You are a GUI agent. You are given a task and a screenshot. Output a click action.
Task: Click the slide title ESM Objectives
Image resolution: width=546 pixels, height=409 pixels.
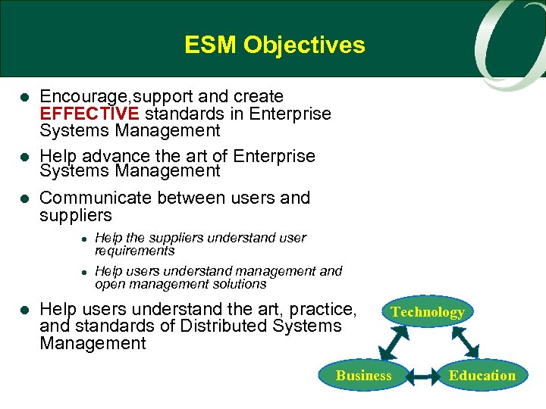pyautogui.click(x=274, y=45)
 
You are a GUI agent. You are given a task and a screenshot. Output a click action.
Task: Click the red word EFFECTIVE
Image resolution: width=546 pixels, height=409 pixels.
pyautogui.click(x=89, y=114)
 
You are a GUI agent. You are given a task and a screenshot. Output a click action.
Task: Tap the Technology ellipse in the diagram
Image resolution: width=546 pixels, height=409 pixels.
pyautogui.click(x=427, y=312)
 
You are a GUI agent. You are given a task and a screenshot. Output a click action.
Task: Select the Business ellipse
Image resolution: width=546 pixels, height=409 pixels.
pyautogui.click(x=364, y=375)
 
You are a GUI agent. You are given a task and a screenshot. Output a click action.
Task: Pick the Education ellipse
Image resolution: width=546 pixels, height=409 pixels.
pyautogui.click(x=482, y=375)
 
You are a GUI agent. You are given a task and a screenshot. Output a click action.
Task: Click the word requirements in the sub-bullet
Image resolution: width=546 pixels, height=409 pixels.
pyautogui.click(x=135, y=251)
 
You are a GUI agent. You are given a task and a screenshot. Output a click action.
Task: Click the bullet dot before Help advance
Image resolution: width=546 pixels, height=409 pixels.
pyautogui.click(x=24, y=157)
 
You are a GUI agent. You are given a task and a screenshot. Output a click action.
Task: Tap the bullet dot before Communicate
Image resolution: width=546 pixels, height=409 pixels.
pyautogui.click(x=24, y=199)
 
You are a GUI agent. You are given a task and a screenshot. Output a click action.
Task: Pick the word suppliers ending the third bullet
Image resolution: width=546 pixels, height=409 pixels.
pyautogui.click(x=75, y=215)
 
